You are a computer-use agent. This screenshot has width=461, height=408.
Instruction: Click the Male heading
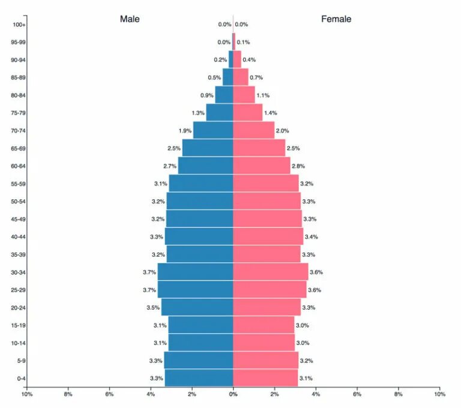[130, 19]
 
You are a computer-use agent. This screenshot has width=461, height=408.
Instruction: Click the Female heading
[336, 19]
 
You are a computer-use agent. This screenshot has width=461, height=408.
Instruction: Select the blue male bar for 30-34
[195, 272]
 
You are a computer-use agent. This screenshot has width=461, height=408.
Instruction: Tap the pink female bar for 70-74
[253, 130]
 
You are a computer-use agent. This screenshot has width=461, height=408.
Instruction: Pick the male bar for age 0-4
[199, 378]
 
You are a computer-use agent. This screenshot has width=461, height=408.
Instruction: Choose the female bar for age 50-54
[267, 201]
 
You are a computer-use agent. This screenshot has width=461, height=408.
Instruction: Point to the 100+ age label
[19, 25]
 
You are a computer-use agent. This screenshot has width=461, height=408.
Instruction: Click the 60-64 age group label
[18, 166]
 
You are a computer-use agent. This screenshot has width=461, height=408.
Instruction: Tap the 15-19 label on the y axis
[18, 325]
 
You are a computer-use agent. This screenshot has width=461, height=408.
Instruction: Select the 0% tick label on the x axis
[233, 394]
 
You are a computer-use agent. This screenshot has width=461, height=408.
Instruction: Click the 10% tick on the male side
[27, 394]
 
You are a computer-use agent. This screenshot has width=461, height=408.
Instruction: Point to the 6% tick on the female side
[357, 394]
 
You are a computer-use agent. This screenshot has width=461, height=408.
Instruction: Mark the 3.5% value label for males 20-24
[153, 308]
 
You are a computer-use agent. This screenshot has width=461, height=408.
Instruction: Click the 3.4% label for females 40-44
[311, 237]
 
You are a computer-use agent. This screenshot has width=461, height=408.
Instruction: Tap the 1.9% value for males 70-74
[185, 131]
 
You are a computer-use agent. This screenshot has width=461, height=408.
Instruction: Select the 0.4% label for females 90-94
[249, 60]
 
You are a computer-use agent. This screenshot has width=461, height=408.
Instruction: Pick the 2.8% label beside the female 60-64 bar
[298, 166]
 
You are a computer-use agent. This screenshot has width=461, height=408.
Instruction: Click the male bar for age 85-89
[227, 77]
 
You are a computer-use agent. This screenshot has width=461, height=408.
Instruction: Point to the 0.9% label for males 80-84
[207, 95]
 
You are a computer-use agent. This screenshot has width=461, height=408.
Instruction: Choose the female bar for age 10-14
[264, 343]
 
